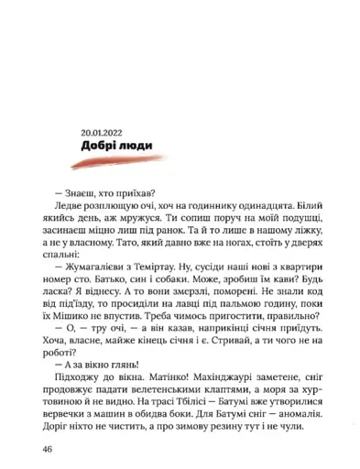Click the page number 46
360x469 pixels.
tap(49, 449)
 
